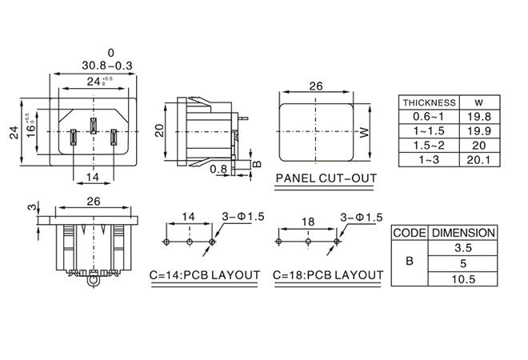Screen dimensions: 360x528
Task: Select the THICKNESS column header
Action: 429,102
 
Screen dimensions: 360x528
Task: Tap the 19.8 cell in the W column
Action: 478,117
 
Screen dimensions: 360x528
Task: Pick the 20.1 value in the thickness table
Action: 478,160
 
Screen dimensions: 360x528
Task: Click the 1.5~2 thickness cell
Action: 429,146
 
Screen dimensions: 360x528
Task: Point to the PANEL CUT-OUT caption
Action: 325,178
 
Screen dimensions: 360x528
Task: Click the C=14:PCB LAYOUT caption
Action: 205,275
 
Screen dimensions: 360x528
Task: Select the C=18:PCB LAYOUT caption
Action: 328,275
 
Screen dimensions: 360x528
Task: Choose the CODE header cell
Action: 409,233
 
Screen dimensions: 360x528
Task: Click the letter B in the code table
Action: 409,263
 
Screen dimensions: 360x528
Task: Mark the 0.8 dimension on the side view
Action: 218,169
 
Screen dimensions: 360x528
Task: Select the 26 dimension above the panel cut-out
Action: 315,86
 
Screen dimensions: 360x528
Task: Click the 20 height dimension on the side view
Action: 159,130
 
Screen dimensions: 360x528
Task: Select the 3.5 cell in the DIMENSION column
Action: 463,248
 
